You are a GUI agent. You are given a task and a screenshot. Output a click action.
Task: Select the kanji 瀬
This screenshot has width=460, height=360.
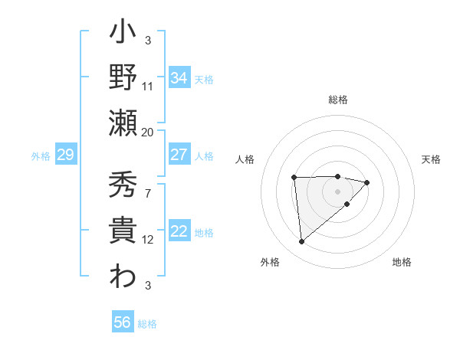click(x=123, y=123)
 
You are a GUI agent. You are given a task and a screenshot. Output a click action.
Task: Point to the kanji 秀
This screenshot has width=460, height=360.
click(x=123, y=184)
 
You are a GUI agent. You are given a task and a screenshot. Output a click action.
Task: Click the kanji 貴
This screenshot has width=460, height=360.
click(x=123, y=231)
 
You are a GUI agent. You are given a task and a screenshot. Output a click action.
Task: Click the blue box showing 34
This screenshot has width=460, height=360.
click(x=179, y=78)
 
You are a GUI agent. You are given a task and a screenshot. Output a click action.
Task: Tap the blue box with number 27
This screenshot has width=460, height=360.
click(x=179, y=155)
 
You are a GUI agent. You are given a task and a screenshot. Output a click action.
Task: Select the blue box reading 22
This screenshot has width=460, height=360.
click(x=179, y=232)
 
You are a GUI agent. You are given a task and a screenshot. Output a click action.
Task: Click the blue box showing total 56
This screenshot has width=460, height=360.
click(x=123, y=322)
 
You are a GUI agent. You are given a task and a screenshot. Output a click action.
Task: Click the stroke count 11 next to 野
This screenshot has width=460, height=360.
click(x=148, y=87)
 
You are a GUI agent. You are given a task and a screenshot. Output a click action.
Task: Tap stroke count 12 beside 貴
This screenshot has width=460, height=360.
click(x=148, y=240)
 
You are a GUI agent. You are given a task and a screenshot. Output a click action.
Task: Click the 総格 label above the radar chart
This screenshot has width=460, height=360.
click(x=337, y=100)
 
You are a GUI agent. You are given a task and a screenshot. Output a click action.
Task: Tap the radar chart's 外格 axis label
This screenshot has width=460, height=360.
click(x=270, y=262)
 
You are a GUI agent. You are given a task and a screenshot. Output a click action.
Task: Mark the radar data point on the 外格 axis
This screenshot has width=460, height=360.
click(x=302, y=241)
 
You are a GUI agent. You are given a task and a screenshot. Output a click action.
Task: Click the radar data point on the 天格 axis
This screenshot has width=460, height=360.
click(x=367, y=182)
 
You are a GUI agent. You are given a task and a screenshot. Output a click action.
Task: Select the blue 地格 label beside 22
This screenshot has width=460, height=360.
click(x=204, y=233)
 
